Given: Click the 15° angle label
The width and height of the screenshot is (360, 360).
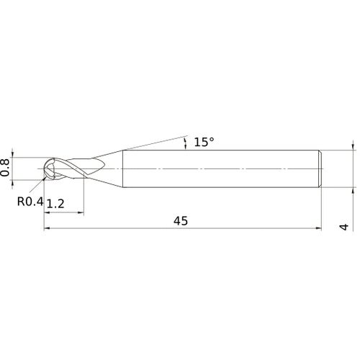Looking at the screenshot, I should (x=204, y=142).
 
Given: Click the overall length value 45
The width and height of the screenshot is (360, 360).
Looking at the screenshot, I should (x=180, y=221).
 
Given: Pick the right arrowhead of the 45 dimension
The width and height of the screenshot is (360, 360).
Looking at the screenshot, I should (x=318, y=230).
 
